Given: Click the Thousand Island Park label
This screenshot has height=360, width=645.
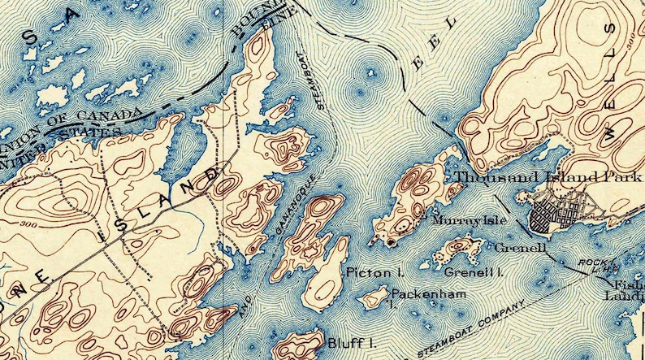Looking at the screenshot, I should (550, 178).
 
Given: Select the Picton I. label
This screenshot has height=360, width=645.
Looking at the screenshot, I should (364, 272).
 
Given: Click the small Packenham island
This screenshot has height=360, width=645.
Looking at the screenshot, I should (375, 297).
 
